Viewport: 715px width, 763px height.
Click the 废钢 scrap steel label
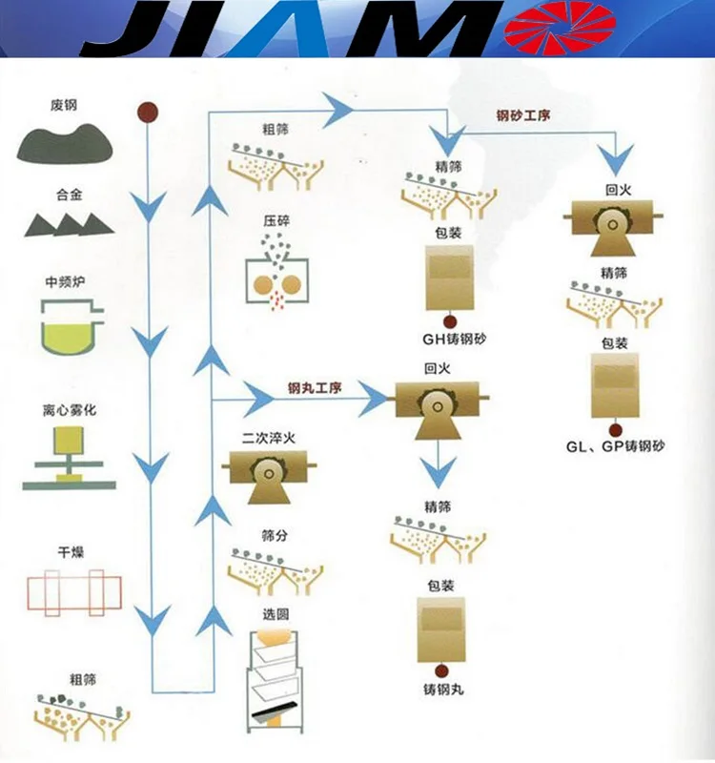tap(64, 105)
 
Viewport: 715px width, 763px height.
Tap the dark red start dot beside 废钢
tap(147, 112)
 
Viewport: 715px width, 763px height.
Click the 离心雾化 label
tap(70, 411)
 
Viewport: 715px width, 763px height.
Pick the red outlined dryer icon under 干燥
tap(67, 591)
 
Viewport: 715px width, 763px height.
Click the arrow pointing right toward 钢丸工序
tap(256, 391)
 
